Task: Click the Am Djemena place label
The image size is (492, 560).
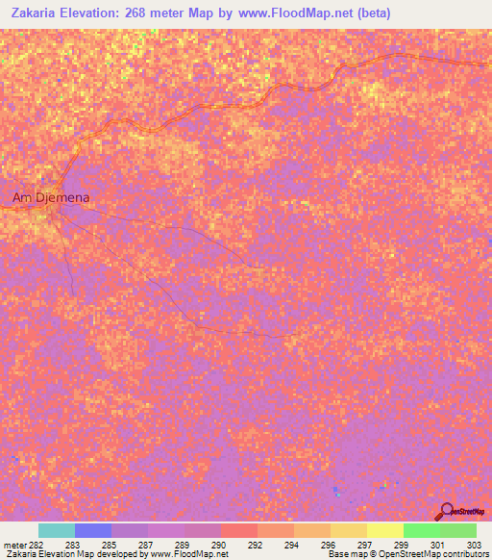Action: coord(51,198)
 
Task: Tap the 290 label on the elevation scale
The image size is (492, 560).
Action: coord(219,545)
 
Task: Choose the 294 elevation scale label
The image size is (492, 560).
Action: coord(291,545)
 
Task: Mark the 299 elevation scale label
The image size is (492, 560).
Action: coord(401,545)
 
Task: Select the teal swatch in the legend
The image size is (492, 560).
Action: coord(56,530)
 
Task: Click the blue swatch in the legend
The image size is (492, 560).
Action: coord(92,530)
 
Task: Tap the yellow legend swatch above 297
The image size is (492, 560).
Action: coord(348,530)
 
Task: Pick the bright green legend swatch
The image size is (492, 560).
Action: coord(421,530)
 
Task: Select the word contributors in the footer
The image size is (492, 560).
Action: coord(464,555)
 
